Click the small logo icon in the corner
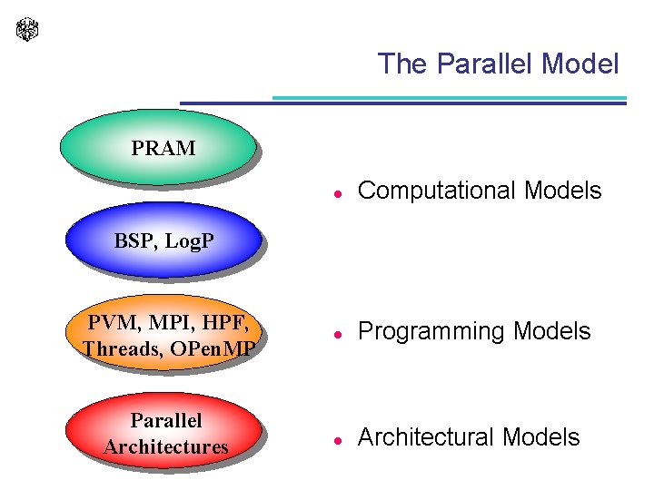pos(28,29)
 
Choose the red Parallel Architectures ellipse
pos(165,433)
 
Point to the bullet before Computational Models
pos(336,192)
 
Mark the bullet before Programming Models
pos(336,334)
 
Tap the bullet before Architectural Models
pos(336,439)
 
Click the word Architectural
pos(426,437)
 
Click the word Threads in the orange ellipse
pos(122,348)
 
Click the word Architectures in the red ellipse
pos(166,446)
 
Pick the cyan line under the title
pos(450,97)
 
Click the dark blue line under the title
pos(403,103)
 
